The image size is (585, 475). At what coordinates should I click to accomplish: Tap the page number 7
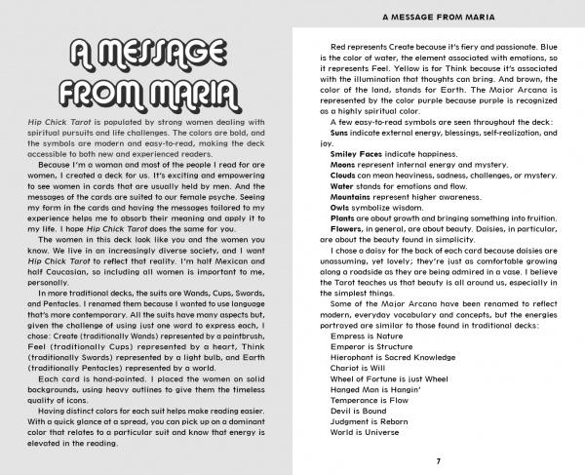pos(439,459)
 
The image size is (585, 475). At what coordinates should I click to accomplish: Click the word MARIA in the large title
pos(181,94)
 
